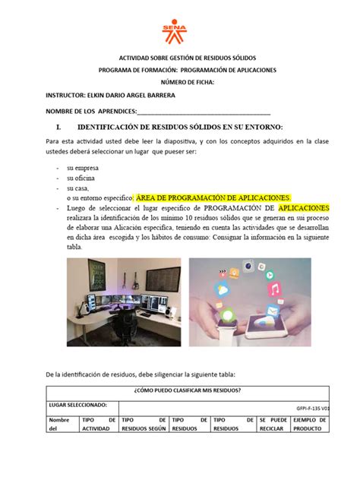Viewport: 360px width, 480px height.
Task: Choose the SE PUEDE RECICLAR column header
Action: pos(273,424)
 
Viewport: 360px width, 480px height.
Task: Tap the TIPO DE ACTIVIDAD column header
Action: pos(98,424)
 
